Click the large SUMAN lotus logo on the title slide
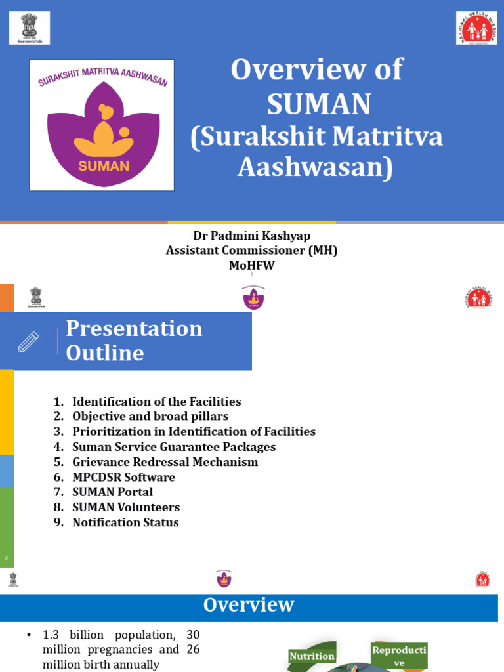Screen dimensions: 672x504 pos(102,125)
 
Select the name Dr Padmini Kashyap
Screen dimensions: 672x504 pos(251,236)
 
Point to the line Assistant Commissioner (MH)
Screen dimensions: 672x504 pos(251,250)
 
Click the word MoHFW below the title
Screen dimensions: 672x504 pos(251,265)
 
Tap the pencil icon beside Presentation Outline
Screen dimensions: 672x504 pos(29,341)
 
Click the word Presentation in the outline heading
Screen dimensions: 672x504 pos(134,328)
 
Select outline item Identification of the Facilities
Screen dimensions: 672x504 pos(156,402)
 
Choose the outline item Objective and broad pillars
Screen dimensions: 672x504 pos(150,417)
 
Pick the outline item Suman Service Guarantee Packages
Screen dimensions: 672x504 pos(173,447)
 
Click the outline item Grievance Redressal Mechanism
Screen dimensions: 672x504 pos(165,462)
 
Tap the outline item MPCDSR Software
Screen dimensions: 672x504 pos(123,477)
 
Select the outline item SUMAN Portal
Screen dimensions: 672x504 pos(112,492)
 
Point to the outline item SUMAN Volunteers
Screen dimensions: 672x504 pos(125,507)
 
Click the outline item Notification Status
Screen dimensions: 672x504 pos(125,522)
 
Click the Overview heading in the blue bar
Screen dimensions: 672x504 pos(249,604)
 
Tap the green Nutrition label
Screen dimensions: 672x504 pos(312,656)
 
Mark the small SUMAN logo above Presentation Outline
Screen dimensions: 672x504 pos(253,299)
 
